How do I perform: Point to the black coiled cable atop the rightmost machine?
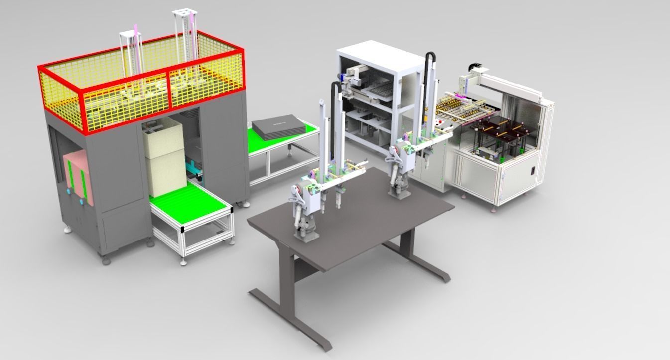click(x=473, y=66)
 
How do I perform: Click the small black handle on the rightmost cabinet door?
click(x=533, y=170)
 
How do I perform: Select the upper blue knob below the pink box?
click(x=68, y=191)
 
